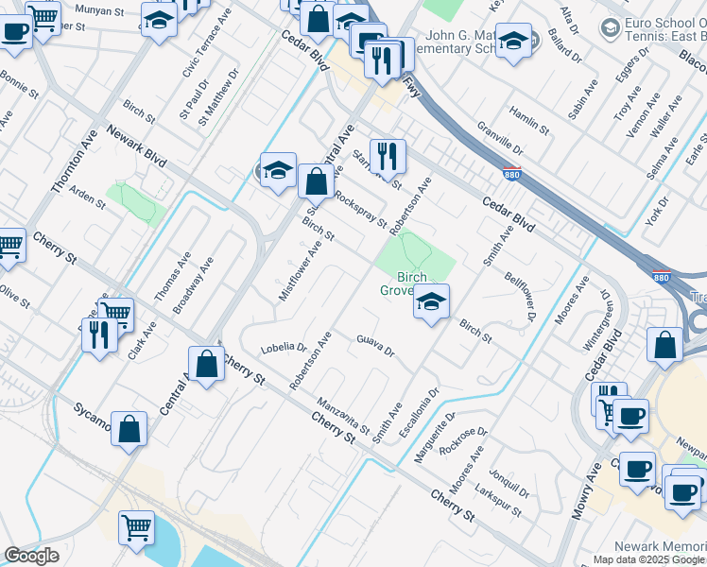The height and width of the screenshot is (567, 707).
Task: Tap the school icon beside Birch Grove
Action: (x=431, y=303)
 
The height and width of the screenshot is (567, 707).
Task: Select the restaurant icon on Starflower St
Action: (x=387, y=157)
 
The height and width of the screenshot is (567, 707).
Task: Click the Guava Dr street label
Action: (x=375, y=346)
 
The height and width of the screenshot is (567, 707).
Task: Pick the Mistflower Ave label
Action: (x=301, y=270)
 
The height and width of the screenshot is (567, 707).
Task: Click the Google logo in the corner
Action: (x=31, y=556)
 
